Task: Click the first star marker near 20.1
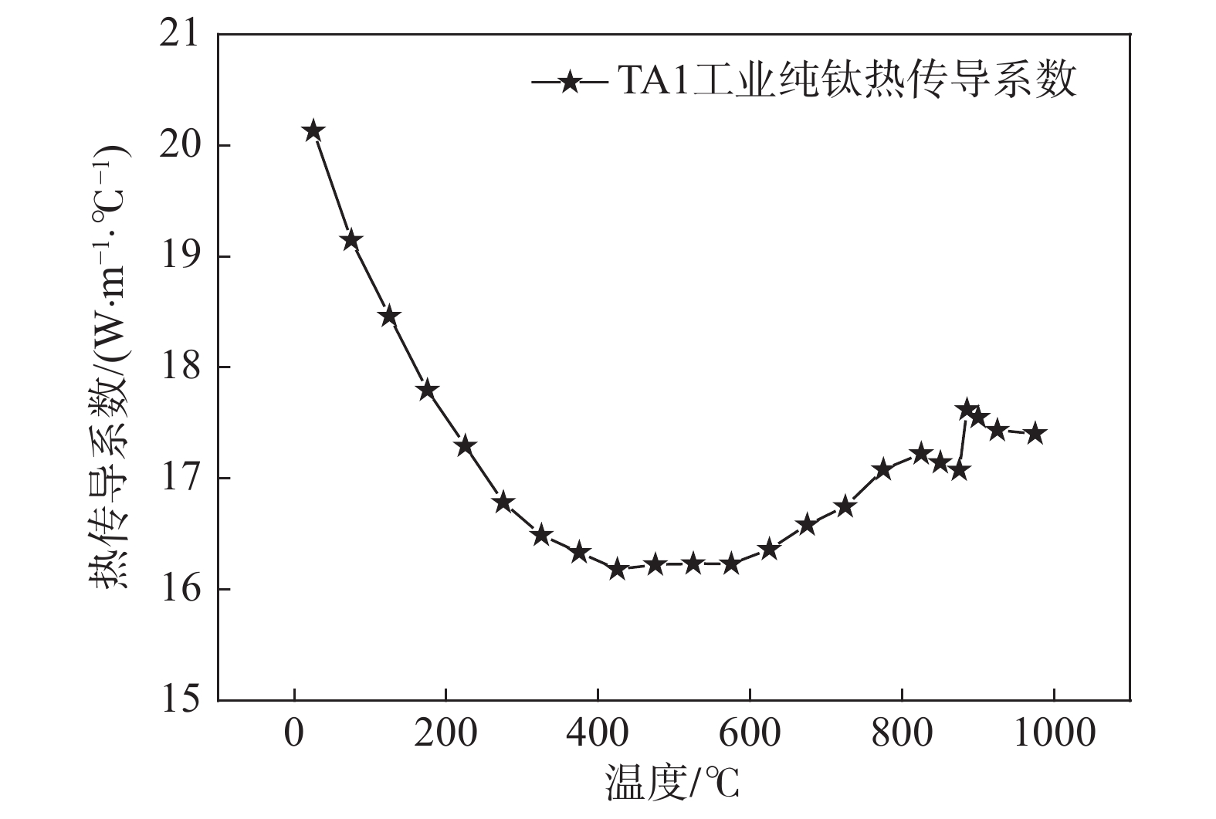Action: pyautogui.click(x=313, y=131)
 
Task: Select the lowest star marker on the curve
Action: pyautogui.click(x=617, y=570)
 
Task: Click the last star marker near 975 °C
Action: pyautogui.click(x=1035, y=433)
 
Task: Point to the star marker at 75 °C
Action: pyautogui.click(x=351, y=240)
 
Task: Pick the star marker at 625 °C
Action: pyautogui.click(x=769, y=550)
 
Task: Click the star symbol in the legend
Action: pyautogui.click(x=570, y=81)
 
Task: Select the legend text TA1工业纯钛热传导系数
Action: pyautogui.click(x=845, y=80)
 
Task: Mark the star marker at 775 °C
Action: pyautogui.click(x=882, y=469)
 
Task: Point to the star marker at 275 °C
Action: pyautogui.click(x=503, y=503)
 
